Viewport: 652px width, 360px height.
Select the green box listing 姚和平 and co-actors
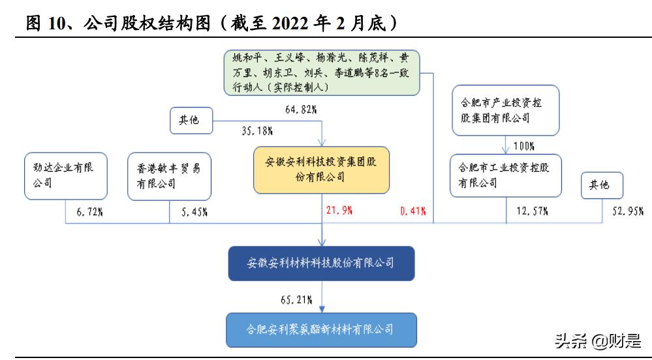click(x=322, y=72)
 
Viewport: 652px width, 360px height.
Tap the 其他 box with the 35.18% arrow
click(x=189, y=121)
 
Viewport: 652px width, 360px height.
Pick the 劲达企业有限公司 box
click(x=65, y=175)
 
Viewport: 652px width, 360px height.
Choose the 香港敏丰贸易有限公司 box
click(x=169, y=175)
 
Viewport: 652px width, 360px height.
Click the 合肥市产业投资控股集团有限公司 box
click(x=506, y=110)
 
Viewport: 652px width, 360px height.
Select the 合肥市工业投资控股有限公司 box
click(x=506, y=175)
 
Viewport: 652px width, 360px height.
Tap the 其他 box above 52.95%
click(x=600, y=185)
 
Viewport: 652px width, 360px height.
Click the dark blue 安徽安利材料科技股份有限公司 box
click(x=321, y=263)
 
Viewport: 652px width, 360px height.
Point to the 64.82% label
click(x=301, y=109)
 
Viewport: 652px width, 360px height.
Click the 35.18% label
click(x=257, y=130)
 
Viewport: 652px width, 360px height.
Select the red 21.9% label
click(x=339, y=210)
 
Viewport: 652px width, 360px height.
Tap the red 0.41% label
click(x=412, y=210)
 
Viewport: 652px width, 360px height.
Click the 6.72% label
click(x=91, y=210)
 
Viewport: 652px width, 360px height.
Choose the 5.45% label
click(x=194, y=210)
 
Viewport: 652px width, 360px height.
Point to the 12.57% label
click(x=532, y=210)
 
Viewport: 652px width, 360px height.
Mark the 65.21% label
click(x=296, y=300)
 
